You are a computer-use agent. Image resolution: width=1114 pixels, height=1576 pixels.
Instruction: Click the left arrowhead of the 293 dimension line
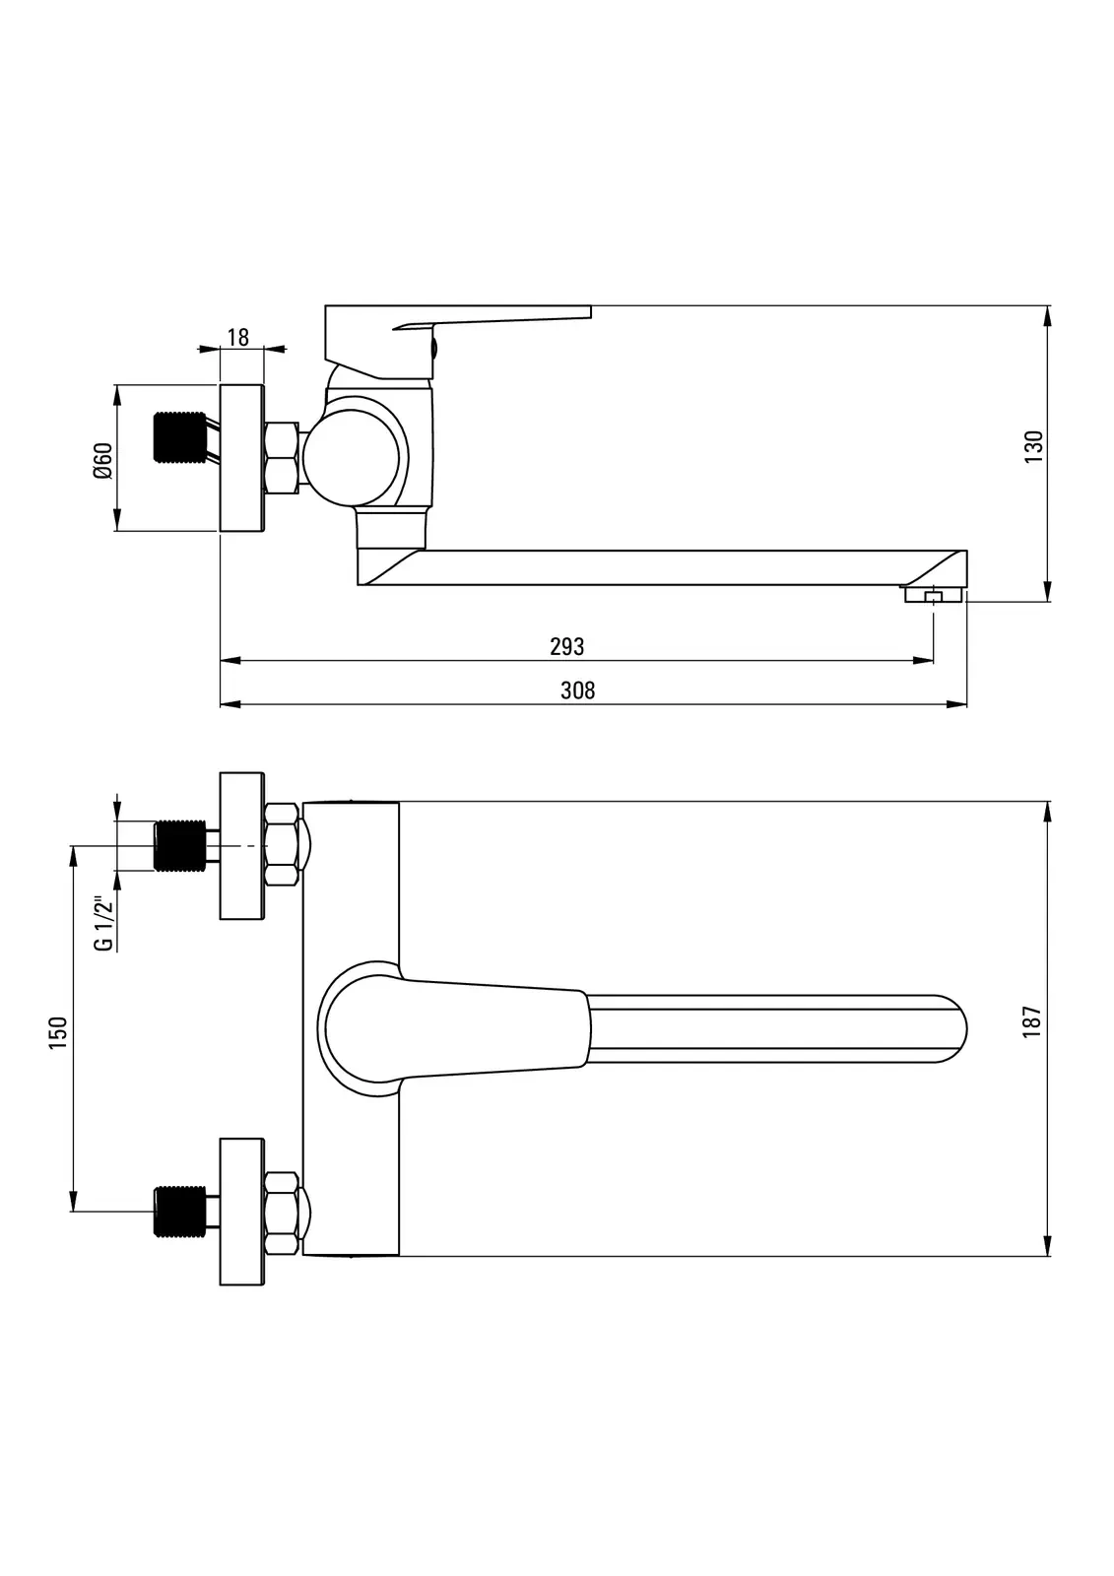coord(229,661)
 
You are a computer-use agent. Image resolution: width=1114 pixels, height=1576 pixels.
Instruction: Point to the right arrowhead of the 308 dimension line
coord(957,703)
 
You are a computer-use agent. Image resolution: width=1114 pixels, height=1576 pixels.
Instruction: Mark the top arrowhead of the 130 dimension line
coord(1048,316)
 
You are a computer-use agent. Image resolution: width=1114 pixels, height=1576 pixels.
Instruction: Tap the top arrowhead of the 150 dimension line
coord(73,856)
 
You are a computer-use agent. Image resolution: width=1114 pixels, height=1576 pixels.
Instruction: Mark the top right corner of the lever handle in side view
coord(591,305)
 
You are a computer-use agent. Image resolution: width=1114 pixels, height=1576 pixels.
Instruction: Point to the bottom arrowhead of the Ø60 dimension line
coord(117,520)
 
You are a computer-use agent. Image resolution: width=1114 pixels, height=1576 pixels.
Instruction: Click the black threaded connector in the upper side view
coord(179,437)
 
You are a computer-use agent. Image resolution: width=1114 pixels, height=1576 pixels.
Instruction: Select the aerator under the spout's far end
coord(933,595)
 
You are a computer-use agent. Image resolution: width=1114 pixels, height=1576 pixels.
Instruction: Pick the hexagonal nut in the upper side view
coord(281,457)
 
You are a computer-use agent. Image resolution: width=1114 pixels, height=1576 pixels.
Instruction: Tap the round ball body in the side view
coord(352,458)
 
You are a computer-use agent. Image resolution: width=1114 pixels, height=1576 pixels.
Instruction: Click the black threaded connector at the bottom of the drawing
coord(179,1212)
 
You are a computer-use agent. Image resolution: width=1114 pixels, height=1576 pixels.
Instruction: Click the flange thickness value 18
coord(237,338)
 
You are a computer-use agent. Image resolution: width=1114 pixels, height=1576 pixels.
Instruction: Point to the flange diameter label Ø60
coord(102,461)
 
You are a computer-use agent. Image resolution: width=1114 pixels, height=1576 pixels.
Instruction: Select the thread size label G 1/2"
coord(103,924)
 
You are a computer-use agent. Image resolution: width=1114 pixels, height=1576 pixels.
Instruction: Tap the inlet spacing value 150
coord(58,1033)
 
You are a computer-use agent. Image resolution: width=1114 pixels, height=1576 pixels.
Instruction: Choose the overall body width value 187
coord(1031,1022)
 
